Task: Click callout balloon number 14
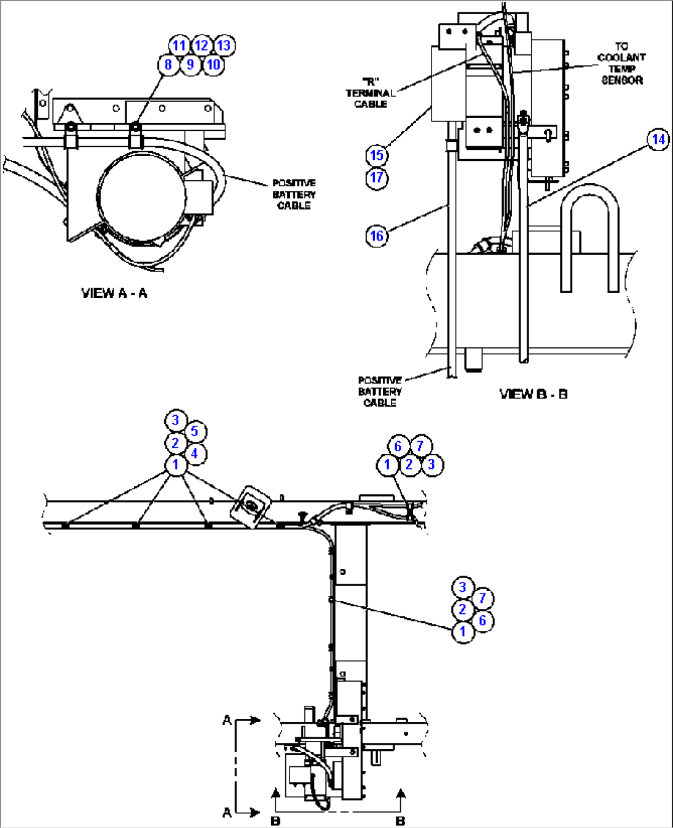659,139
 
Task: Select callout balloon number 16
377,236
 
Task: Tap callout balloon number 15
377,155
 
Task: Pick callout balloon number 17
377,178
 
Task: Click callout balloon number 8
168,64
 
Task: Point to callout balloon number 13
224,45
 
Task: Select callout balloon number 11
179,45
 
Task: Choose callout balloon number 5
194,431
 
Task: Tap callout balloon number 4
194,454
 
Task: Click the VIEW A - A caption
114,293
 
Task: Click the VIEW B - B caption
533,394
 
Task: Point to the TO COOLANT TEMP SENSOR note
621,64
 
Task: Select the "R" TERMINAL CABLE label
370,93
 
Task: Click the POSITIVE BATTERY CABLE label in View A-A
294,194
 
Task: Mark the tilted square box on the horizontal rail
252,506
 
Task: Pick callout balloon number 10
213,64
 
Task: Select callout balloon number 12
201,45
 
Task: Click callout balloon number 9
190,64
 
